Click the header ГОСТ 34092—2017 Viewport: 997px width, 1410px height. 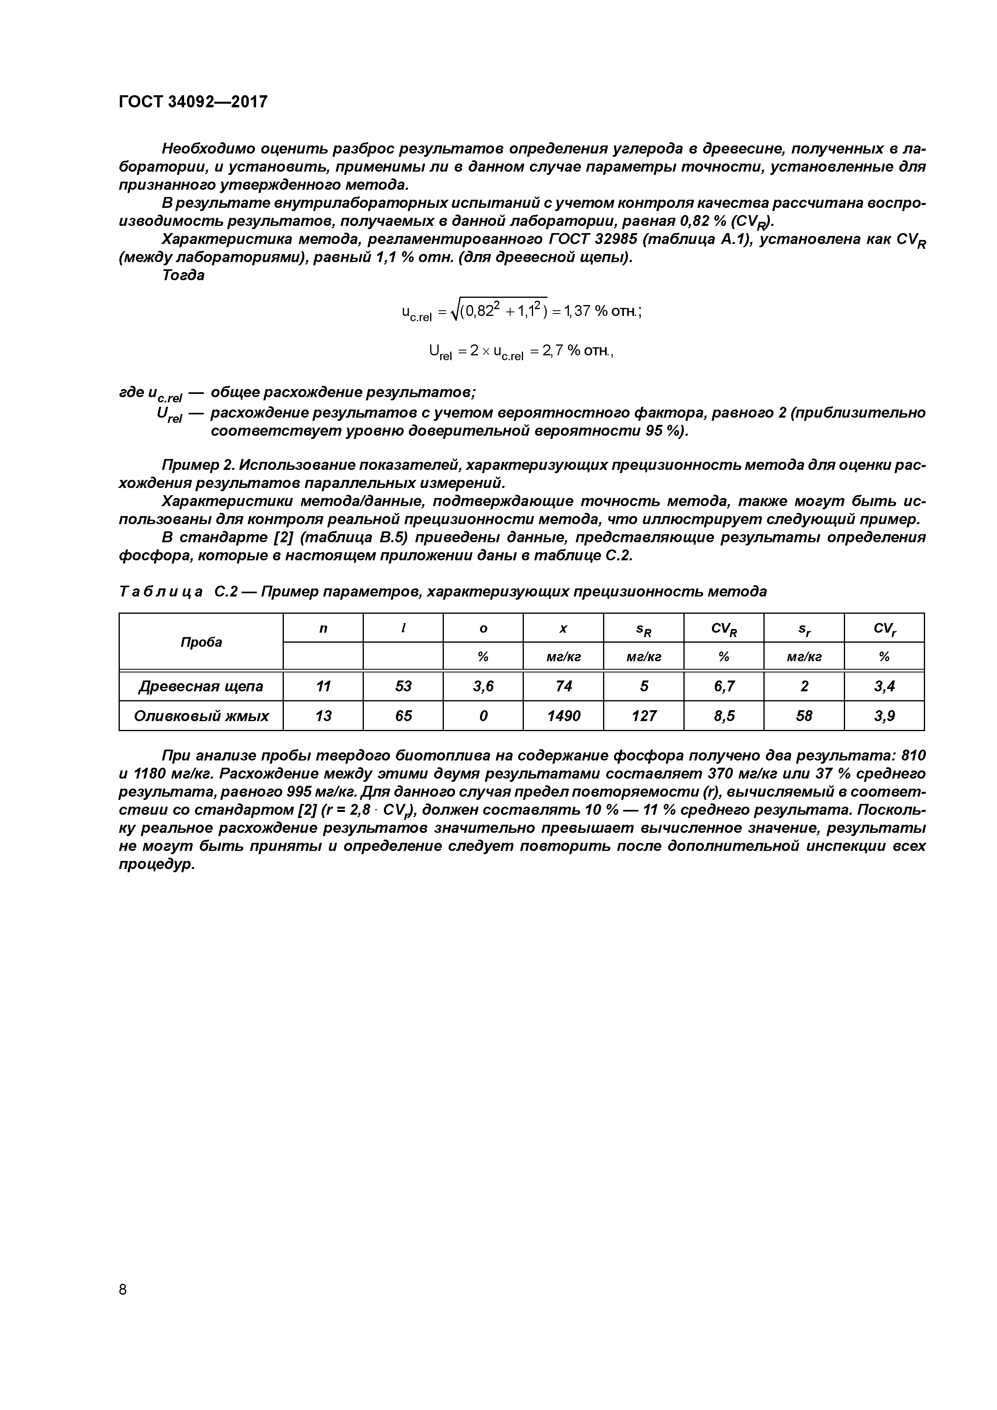(x=193, y=101)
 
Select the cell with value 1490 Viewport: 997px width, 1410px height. (x=563, y=715)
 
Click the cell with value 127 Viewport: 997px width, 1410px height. (x=643, y=715)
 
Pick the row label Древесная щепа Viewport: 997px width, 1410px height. (x=201, y=686)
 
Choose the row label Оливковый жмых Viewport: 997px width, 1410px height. (x=201, y=715)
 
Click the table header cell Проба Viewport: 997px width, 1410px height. (x=201, y=642)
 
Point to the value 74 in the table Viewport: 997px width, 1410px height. (x=563, y=686)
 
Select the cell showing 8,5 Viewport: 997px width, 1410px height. (x=724, y=715)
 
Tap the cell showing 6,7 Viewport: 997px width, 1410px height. (x=724, y=686)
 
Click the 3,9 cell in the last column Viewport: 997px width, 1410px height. (x=884, y=715)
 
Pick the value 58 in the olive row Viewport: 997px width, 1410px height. (x=804, y=715)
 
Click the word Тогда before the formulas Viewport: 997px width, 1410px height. (x=183, y=275)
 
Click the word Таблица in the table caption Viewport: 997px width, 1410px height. (x=160, y=591)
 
